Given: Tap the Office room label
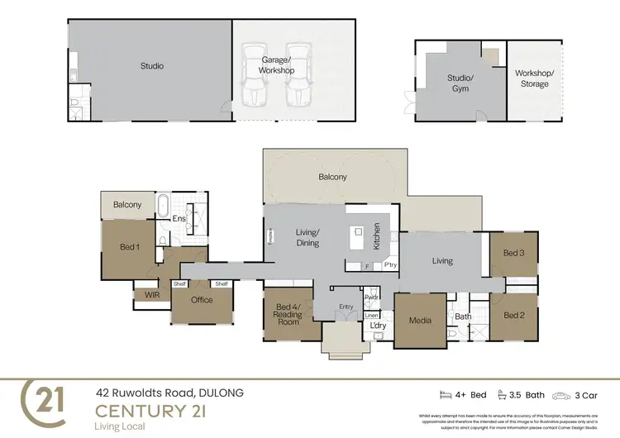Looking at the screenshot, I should click(202, 300).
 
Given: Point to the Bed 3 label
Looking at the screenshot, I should click(514, 253).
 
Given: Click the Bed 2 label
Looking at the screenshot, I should click(514, 315).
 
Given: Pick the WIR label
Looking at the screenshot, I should click(151, 293).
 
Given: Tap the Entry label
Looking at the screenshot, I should click(346, 307).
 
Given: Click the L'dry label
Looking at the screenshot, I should click(378, 326).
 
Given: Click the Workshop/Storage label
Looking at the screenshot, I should click(534, 79).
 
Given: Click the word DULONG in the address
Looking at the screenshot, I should click(222, 393).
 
